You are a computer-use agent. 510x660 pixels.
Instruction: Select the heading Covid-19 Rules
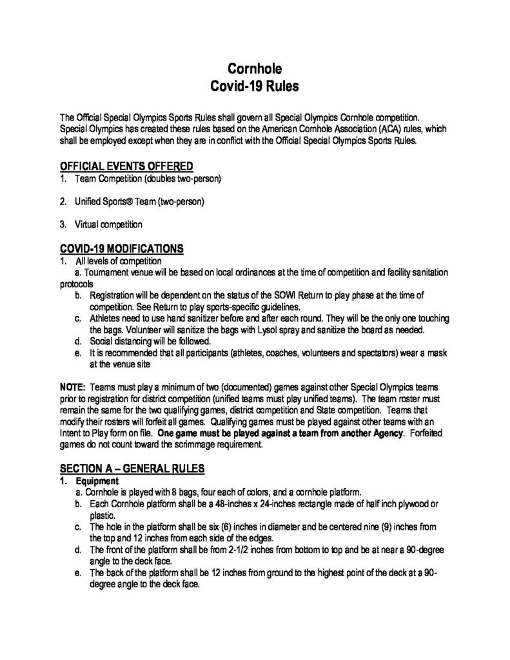pyautogui.click(x=255, y=86)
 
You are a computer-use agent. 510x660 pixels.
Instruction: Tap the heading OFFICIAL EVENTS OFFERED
pyautogui.click(x=126, y=166)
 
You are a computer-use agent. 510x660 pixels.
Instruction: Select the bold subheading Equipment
pyautogui.click(x=97, y=481)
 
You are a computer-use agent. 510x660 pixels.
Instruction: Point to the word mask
pyautogui.click(x=437, y=353)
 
